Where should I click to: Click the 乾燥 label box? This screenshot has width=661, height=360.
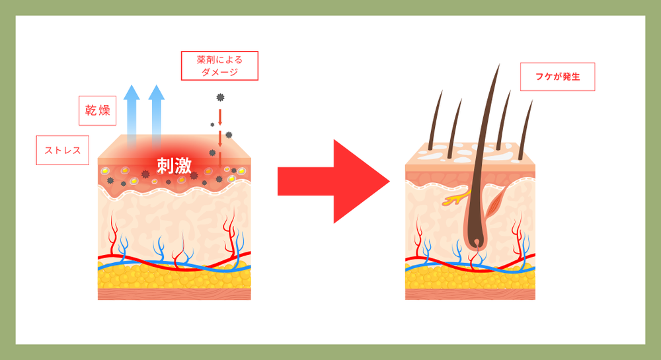pos(97,110)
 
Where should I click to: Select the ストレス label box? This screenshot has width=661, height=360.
pos(62,150)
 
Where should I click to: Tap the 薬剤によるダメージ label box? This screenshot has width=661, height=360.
pos(219,66)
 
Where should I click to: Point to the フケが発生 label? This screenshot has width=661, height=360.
pos(558,77)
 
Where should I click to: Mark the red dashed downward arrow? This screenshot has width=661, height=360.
pos(220,132)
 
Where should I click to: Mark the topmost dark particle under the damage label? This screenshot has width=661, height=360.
pos(220,98)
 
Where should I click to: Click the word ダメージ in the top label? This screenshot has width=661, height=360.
pos(219,72)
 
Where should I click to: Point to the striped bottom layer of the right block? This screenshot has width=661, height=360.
pos(470,294)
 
